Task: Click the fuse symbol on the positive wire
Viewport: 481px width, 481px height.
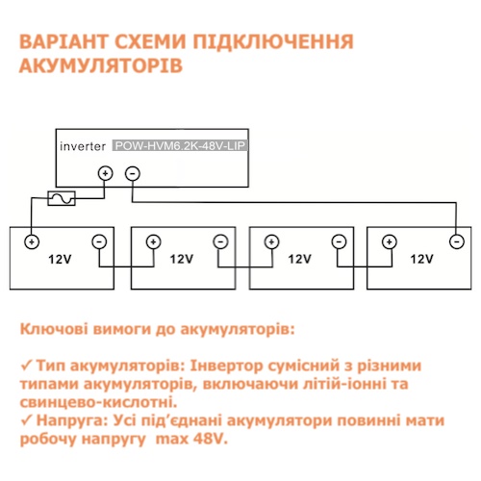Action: tap(62, 198)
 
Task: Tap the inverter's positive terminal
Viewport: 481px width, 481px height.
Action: tap(105, 173)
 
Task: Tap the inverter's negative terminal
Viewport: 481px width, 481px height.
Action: tap(133, 174)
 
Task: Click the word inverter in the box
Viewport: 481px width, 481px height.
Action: tap(83, 146)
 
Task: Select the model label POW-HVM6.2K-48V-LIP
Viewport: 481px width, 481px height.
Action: tap(180, 146)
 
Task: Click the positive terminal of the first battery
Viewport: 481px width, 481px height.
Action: tap(32, 241)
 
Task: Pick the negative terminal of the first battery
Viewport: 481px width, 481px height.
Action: tap(99, 241)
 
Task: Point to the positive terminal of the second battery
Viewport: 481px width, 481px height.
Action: tap(153, 242)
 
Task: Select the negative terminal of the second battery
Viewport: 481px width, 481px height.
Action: tap(220, 241)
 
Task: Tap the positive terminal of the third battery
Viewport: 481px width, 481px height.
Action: tap(272, 241)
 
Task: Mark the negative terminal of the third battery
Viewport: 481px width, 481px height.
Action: tap(339, 241)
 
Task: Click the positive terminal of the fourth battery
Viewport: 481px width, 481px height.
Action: tap(390, 241)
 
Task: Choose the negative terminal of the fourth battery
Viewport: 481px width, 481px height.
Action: tap(457, 241)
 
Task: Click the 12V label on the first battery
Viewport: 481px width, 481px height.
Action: tap(60, 259)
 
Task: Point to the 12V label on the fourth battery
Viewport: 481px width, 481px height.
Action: tap(422, 259)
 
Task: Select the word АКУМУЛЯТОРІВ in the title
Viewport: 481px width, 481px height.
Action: tap(101, 66)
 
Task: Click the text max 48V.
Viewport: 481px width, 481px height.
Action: tap(191, 439)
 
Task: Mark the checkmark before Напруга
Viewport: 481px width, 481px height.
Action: tap(26, 420)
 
